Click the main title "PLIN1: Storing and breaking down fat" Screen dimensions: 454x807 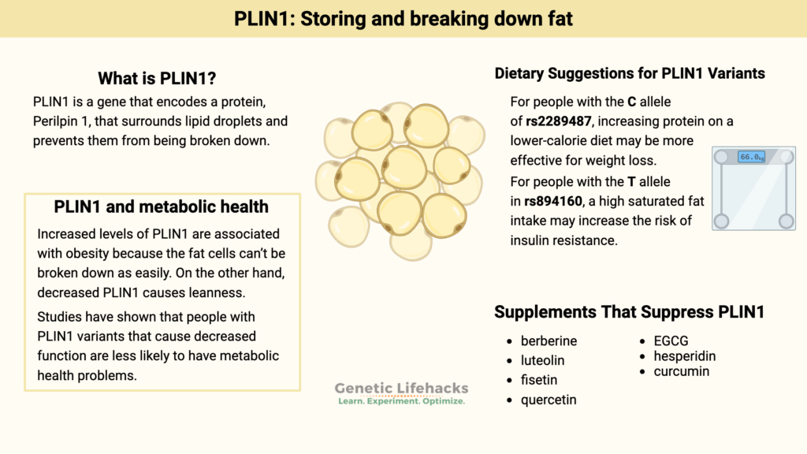coord(403,19)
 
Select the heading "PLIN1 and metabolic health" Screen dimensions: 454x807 coord(162,207)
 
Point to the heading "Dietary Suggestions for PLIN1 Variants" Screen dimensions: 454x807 coord(630,73)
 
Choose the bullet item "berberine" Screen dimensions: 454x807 coord(549,341)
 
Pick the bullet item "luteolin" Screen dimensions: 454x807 coord(542,360)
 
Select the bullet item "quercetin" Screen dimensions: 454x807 coord(549,400)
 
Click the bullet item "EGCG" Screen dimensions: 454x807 coord(671,341)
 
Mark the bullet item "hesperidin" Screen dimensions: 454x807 coord(685,356)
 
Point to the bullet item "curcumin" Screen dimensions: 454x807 coord(682,371)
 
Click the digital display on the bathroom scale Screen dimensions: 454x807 coord(751,157)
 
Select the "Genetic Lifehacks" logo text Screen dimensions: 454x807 coord(401,388)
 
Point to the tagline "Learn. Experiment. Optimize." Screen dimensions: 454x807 coord(401,401)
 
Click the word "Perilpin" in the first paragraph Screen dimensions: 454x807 coord(58,122)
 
